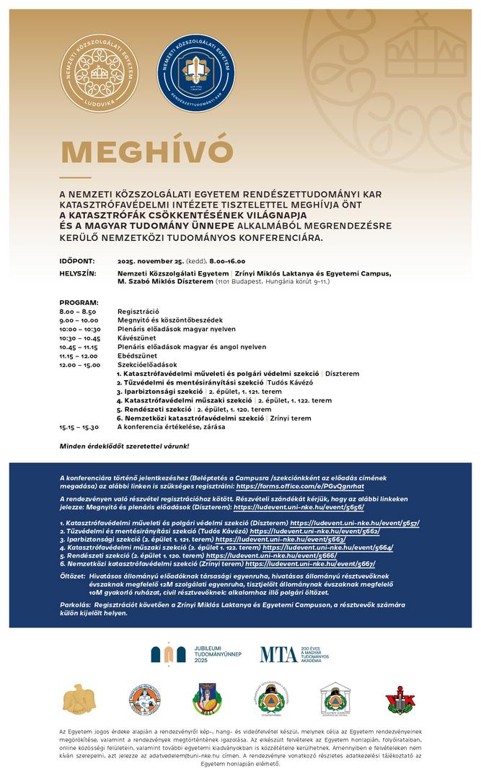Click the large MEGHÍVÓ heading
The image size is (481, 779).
147,151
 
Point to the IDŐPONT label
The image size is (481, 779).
76,261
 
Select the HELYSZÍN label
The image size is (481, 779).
78,273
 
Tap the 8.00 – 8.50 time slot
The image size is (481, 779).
78,311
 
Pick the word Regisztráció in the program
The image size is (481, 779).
138,311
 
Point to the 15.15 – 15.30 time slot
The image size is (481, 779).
79,427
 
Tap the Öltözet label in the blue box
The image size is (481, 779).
71,576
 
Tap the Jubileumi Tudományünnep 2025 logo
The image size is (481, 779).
195,653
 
